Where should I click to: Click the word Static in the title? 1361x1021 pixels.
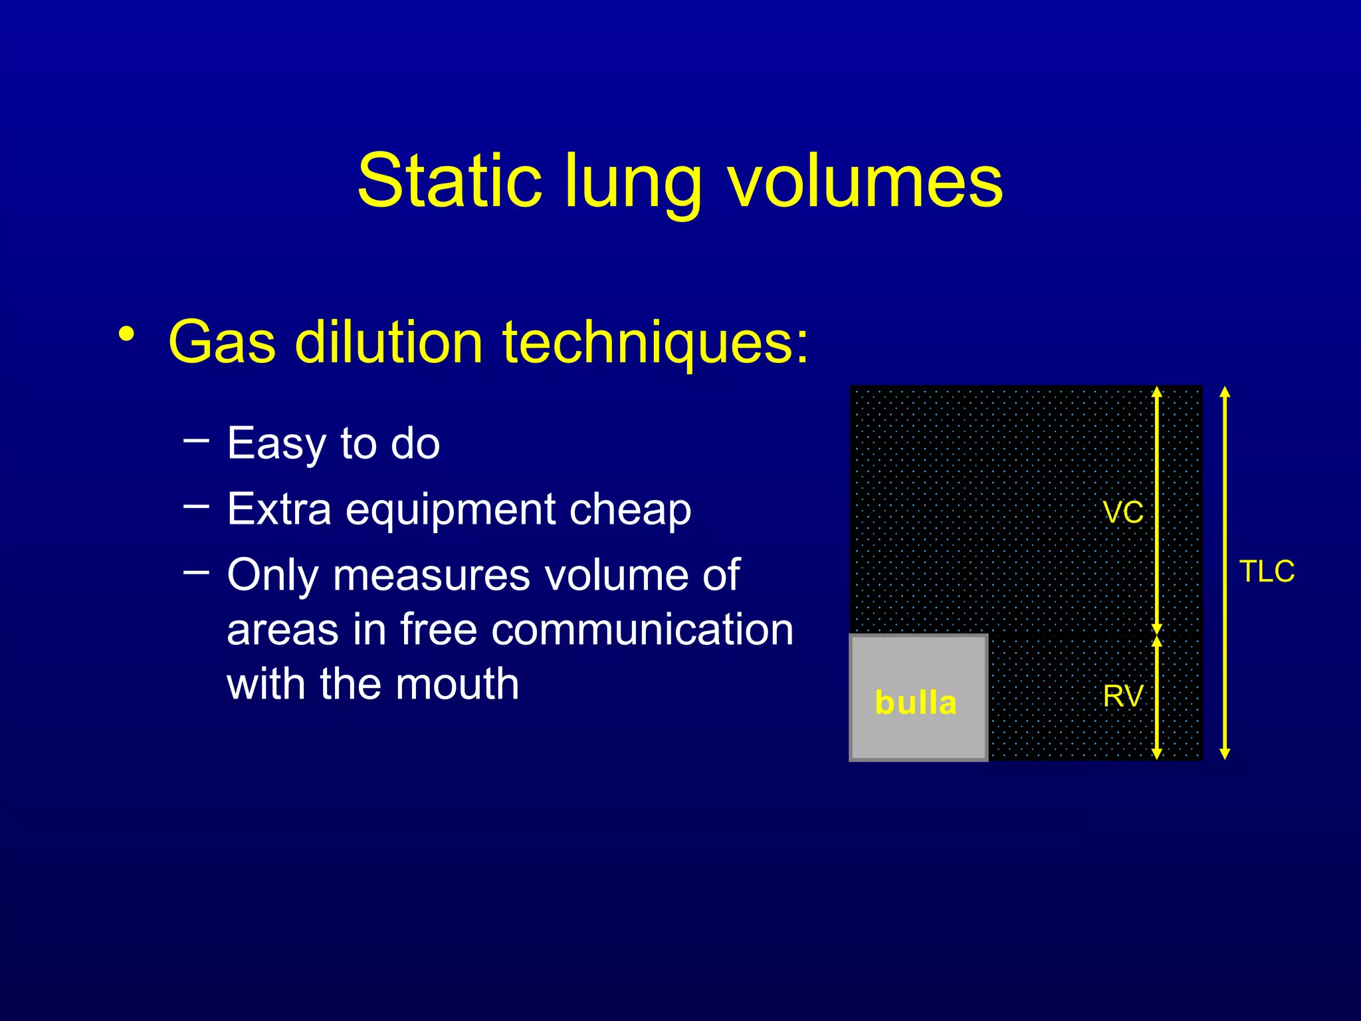449,181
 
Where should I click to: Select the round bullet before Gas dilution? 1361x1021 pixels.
127,334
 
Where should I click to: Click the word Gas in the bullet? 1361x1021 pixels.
221,342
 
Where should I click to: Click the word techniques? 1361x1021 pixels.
655,342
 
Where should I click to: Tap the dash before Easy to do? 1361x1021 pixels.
196,439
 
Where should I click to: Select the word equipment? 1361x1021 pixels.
451,510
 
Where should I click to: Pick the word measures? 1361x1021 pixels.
431,574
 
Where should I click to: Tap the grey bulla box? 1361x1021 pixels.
918,698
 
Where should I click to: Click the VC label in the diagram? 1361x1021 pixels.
1123,513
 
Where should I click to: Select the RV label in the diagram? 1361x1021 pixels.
1123,697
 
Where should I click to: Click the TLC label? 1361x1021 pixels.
1267,572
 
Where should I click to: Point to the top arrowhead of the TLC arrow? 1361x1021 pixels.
1225,392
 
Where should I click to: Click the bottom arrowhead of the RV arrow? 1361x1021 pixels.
1157,754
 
